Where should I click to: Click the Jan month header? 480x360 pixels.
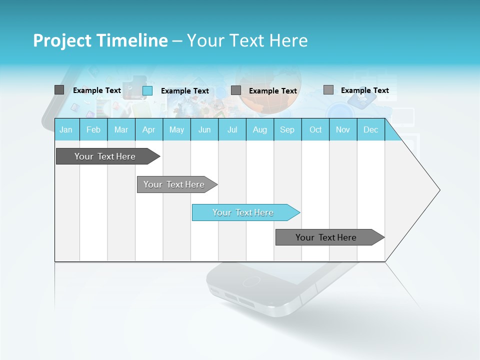click(x=66, y=130)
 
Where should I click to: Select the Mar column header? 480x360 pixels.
click(x=121, y=130)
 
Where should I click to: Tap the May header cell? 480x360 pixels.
click(x=176, y=130)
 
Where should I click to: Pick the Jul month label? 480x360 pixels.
click(x=232, y=130)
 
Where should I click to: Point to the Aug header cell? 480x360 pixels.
click(x=259, y=130)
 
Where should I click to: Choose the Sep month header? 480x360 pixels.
click(x=287, y=130)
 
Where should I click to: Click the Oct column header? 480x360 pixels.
click(x=315, y=130)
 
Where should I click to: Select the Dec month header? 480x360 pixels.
click(x=370, y=130)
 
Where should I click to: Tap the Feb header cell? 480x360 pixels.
click(x=93, y=130)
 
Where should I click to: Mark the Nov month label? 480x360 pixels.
click(x=343, y=130)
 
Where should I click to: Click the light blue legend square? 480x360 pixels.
click(x=147, y=90)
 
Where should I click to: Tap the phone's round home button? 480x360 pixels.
click(x=251, y=281)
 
